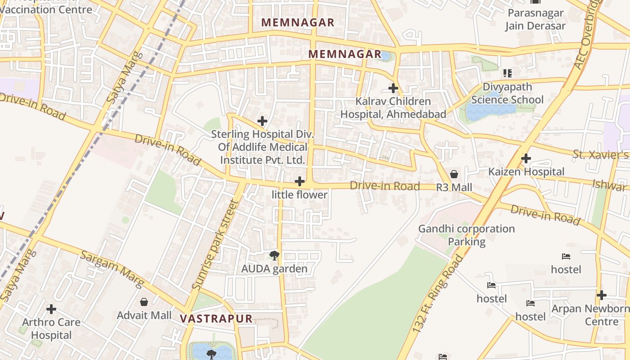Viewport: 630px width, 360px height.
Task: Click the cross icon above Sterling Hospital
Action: (x=262, y=121)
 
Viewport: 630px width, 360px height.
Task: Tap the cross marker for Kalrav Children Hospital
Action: (x=393, y=88)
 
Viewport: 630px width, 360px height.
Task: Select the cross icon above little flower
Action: (x=300, y=181)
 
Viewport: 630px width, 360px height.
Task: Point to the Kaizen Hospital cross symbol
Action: (x=526, y=158)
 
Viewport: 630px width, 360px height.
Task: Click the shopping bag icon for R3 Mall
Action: (x=454, y=174)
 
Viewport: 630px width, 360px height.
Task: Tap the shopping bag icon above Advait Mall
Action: (x=144, y=301)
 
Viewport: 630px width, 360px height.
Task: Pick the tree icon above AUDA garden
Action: (x=274, y=256)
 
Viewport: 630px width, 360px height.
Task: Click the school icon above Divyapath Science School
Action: (x=508, y=73)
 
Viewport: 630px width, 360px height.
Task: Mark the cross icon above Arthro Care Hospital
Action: (x=51, y=309)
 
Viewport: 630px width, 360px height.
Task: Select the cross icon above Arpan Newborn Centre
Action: (x=602, y=295)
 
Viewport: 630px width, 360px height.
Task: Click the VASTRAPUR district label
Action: (x=216, y=319)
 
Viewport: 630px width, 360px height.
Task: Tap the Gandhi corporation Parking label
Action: (x=467, y=235)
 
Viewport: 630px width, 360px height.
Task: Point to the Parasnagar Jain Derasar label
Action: (x=535, y=19)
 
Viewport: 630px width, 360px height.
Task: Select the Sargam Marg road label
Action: (x=112, y=269)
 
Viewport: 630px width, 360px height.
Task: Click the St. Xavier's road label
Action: (x=600, y=155)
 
